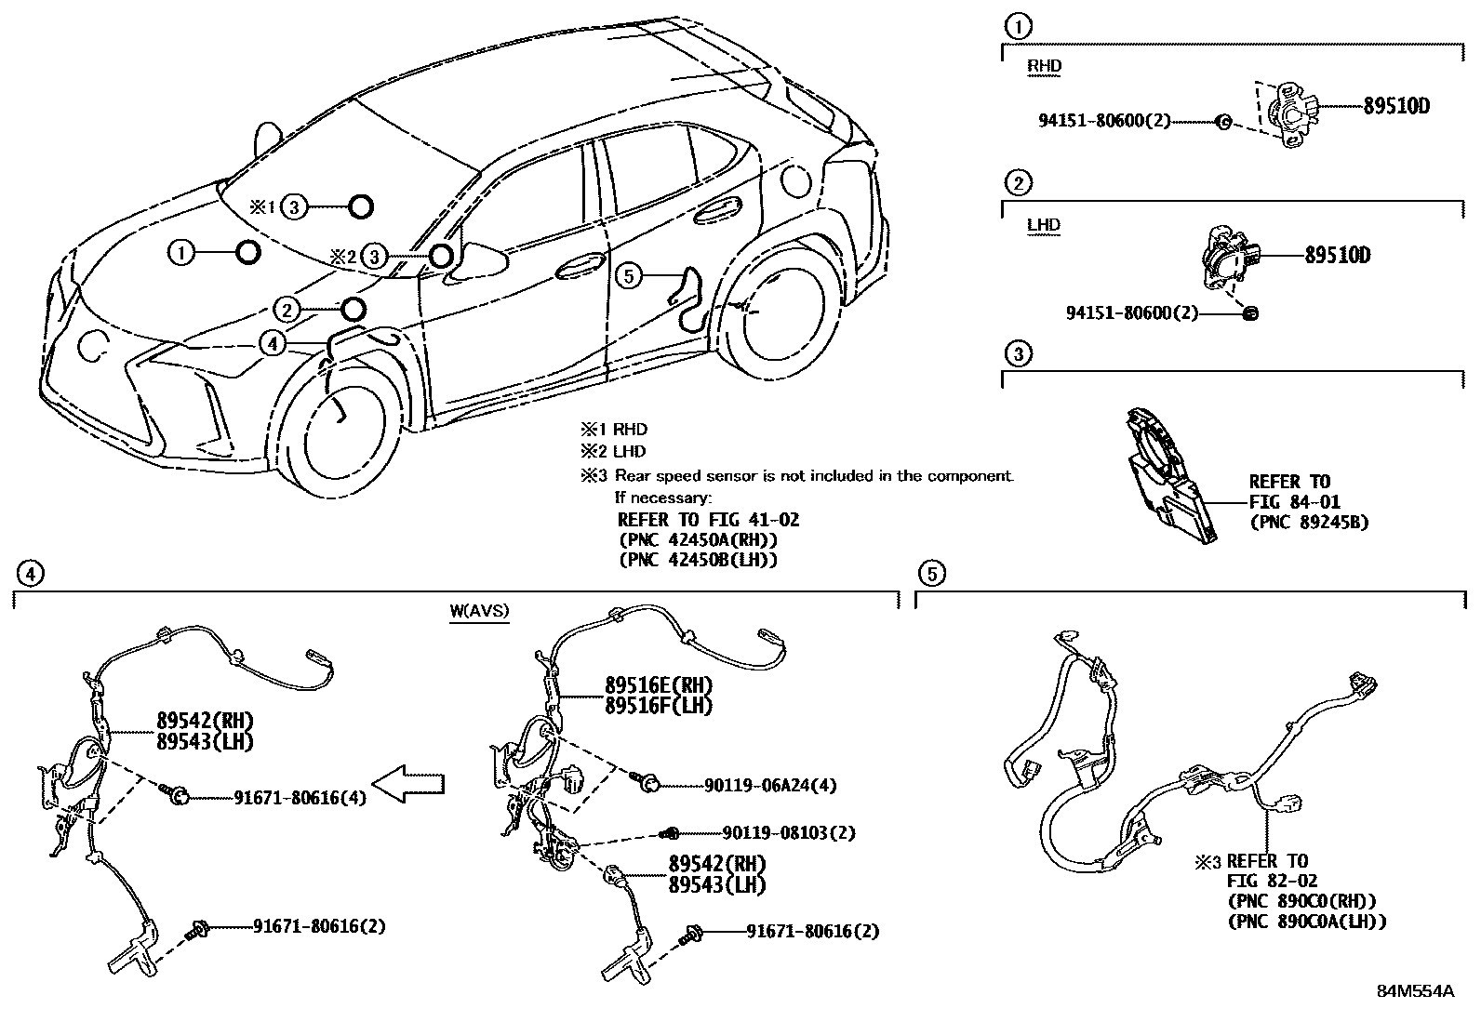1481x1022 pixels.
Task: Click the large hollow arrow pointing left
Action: [407, 782]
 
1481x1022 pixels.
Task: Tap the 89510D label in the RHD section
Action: [1396, 106]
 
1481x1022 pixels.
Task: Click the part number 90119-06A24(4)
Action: [770, 786]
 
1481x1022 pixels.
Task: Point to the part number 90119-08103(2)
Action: [788, 833]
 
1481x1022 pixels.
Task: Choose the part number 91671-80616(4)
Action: [300, 797]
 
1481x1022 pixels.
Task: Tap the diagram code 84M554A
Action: [1415, 991]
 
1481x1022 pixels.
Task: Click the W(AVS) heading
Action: [479, 612]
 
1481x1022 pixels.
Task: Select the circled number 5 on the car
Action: [629, 275]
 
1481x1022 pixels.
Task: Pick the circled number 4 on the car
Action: [272, 343]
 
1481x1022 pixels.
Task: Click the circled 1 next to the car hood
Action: [182, 252]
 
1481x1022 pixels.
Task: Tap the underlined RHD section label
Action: [1044, 66]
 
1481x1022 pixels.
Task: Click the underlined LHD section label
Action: [1044, 225]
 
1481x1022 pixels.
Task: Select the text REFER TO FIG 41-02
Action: [708, 520]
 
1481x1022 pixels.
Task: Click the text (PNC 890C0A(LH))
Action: [1307, 921]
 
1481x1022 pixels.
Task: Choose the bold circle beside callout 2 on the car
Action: [353, 309]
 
